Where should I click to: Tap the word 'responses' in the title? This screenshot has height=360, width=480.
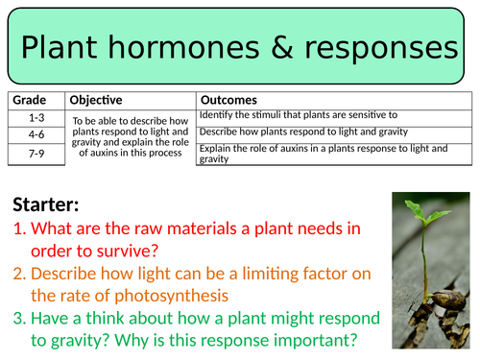pyautogui.click(x=373, y=47)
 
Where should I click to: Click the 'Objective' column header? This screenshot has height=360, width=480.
pyautogui.click(x=96, y=99)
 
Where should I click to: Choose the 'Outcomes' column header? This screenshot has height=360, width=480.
pyautogui.click(x=228, y=99)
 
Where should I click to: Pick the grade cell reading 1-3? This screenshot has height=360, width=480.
pyautogui.click(x=36, y=116)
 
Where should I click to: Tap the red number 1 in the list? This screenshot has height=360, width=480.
pyautogui.click(x=19, y=228)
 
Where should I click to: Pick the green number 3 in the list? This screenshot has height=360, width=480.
pyautogui.click(x=19, y=318)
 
